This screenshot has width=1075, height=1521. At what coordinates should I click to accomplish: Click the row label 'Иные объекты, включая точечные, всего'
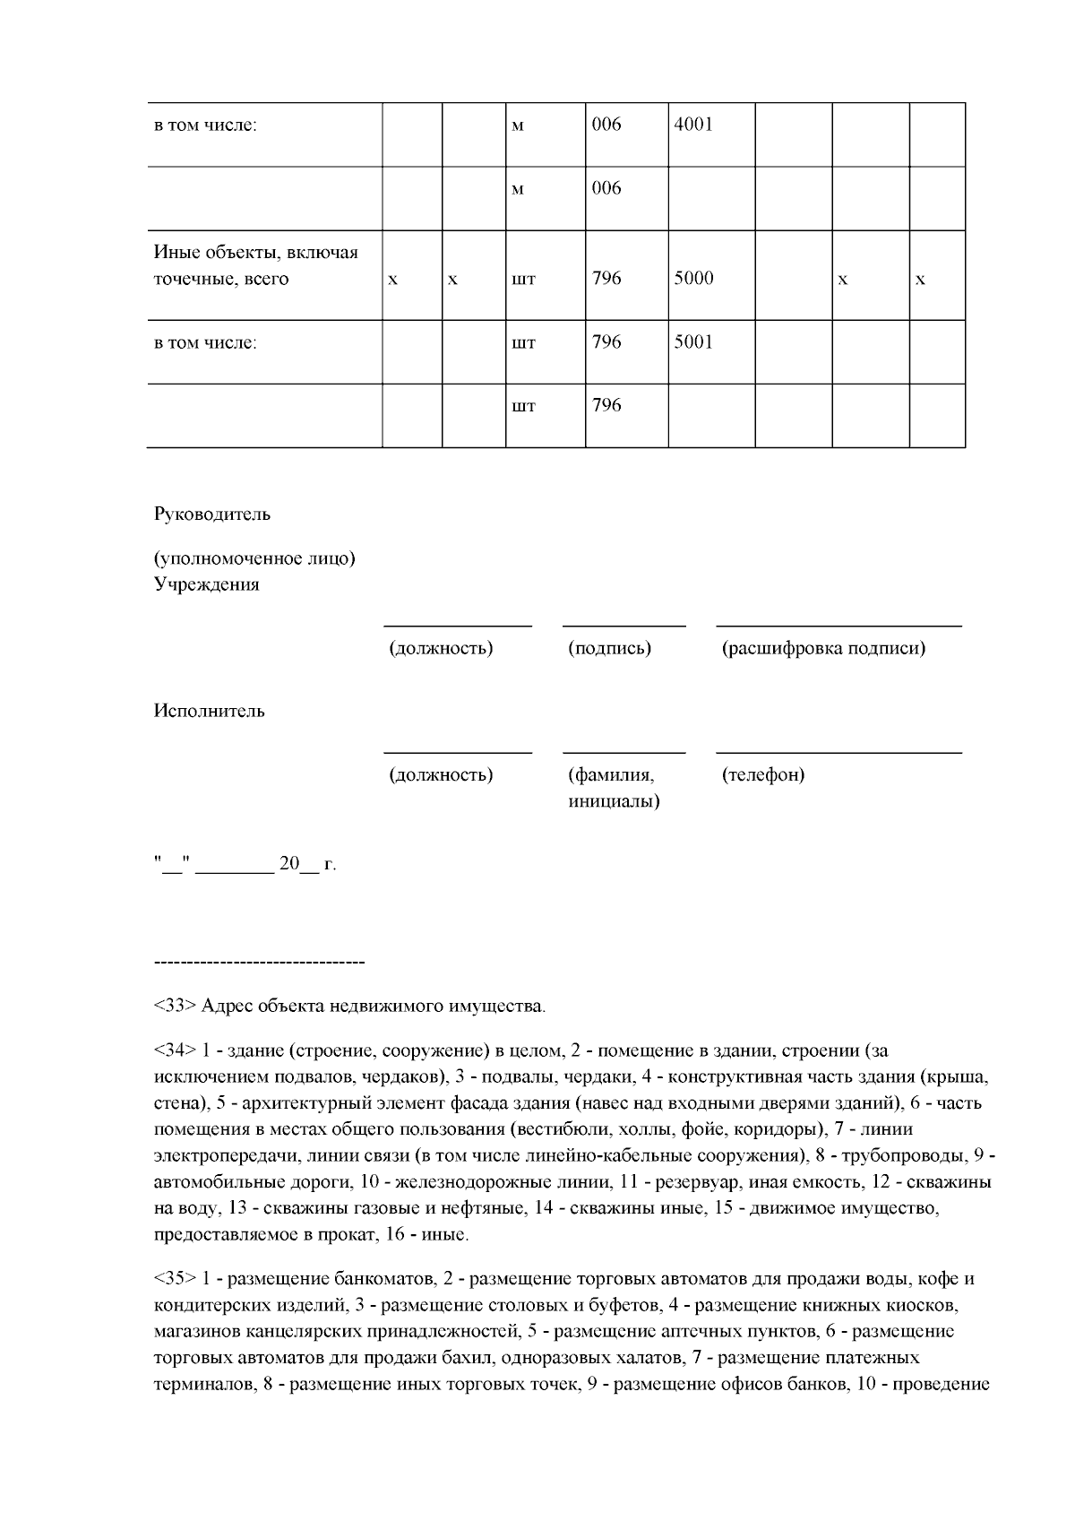pos(255,265)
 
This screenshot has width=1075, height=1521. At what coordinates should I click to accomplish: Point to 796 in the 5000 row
pos(606,279)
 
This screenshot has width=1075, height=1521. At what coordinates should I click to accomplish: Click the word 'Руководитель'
pos(212,514)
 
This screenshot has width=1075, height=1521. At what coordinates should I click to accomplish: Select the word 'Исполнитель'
pos(210,712)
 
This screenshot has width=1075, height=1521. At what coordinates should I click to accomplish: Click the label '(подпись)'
pos(609,648)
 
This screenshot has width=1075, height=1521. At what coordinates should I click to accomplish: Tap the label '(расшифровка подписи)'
pos(823,648)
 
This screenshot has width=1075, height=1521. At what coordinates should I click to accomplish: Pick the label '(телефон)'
pos(763,774)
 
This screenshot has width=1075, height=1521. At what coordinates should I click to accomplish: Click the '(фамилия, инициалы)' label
pos(614,788)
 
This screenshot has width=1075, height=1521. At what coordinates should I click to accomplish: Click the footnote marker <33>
pos(175,1006)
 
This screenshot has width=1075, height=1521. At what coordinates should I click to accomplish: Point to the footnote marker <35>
pos(175,1278)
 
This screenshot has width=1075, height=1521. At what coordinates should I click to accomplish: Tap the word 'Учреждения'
pos(207,584)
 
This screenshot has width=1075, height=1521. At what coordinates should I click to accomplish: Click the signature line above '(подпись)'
pos(623,624)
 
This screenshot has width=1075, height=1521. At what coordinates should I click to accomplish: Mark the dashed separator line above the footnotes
pos(260,963)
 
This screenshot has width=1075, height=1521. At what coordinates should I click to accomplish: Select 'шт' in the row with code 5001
pos(523,343)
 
